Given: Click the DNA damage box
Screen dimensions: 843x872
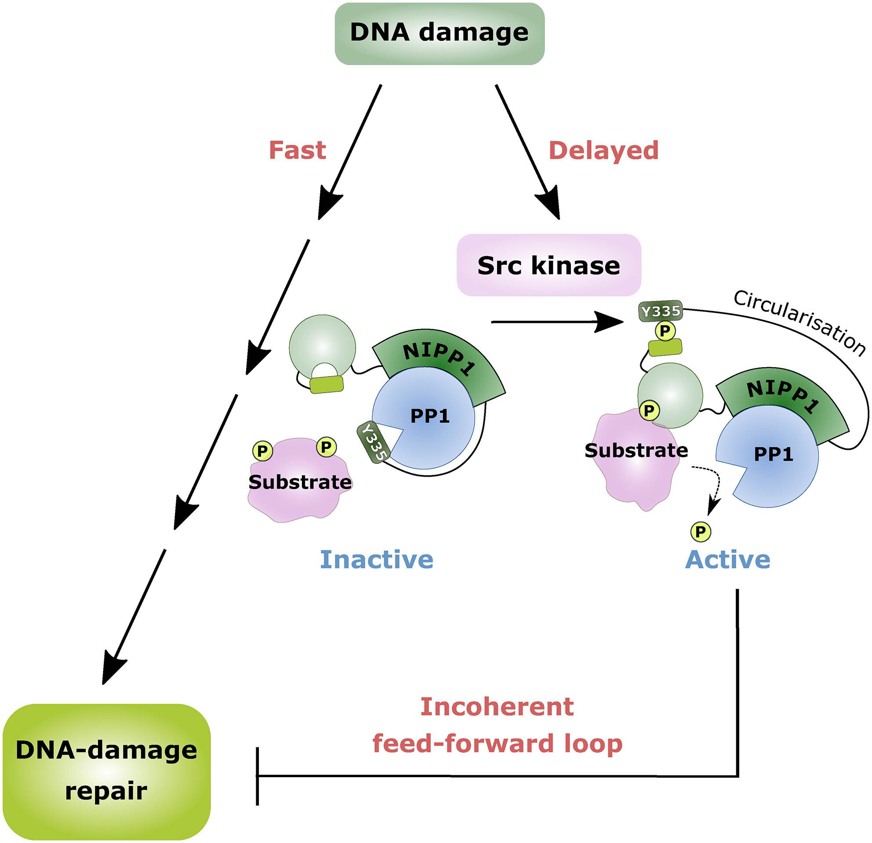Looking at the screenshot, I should coord(439,33).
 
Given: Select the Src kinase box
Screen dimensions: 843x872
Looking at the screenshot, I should coord(549,265).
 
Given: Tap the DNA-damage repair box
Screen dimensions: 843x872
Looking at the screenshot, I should coord(106,771).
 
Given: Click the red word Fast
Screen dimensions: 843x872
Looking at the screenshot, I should coord(297,150).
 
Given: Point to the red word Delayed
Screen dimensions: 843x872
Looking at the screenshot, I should coord(603,150).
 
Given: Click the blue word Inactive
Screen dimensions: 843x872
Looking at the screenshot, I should coord(376,559).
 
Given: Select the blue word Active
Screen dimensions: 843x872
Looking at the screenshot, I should coord(727,559).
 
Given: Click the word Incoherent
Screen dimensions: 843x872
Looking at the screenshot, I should coord(497,706).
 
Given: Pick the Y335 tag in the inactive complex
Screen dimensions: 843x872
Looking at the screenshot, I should coord(374,442).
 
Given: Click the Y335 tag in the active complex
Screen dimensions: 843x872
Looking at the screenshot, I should coord(661,311).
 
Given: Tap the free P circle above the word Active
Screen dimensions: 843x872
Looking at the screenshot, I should coord(701,531).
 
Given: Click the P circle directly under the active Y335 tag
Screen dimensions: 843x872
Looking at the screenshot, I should coord(665,331).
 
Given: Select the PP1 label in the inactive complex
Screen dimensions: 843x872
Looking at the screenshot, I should coord(430,416).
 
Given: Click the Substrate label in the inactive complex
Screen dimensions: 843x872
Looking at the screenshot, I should coord(300,482).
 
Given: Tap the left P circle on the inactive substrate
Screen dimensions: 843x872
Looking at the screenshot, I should coord(262,451).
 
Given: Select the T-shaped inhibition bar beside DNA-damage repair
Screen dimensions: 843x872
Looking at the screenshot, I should coord(258,776).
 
